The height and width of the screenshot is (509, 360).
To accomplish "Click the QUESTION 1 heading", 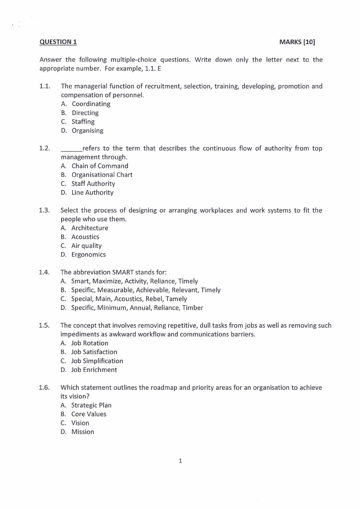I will pyautogui.click(x=58, y=42).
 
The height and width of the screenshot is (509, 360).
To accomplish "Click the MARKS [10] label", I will pyautogui.click(x=297, y=42).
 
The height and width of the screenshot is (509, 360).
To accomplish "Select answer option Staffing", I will pyautogui.click(x=83, y=122).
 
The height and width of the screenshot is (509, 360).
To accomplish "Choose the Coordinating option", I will pyautogui.click(x=91, y=104).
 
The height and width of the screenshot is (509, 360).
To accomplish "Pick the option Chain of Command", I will pyautogui.click(x=100, y=166).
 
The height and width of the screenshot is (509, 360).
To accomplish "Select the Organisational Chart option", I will pyautogui.click(x=102, y=175).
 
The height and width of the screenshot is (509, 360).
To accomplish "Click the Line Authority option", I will pyautogui.click(x=92, y=192).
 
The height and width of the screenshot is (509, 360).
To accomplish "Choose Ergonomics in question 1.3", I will pyautogui.click(x=88, y=254).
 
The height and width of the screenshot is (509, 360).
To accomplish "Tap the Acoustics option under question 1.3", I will pyautogui.click(x=85, y=237).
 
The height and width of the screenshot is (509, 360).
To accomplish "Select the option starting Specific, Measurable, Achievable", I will pyautogui.click(x=146, y=290).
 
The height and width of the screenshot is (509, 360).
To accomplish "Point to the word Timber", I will pyautogui.click(x=193, y=308).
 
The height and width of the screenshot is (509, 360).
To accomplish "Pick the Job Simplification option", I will pyautogui.click(x=97, y=361).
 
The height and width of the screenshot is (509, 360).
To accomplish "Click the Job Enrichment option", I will pyautogui.click(x=94, y=370).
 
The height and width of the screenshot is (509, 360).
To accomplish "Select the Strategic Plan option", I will pyautogui.click(x=91, y=405).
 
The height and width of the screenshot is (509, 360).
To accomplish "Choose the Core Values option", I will pyautogui.click(x=89, y=414).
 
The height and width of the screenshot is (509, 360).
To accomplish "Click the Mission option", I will pyautogui.click(x=83, y=431).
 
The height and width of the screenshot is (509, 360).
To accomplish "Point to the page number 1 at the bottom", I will pyautogui.click(x=180, y=461).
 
